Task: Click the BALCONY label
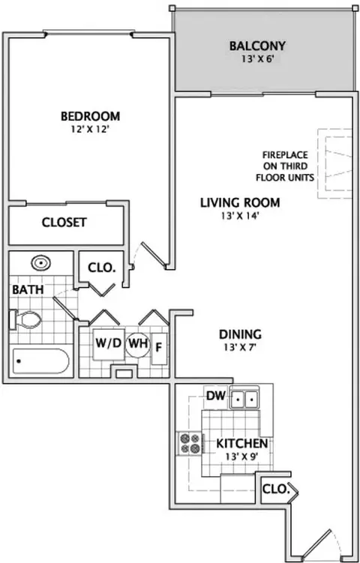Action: [x=257, y=46]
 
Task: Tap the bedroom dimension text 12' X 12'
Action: [x=90, y=129]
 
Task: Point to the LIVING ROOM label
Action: [x=240, y=202]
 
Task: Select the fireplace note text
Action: [x=285, y=166]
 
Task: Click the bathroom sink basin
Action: [x=40, y=263]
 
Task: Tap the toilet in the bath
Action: [x=25, y=319]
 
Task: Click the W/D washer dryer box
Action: [x=109, y=344]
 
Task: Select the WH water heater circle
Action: [x=137, y=343]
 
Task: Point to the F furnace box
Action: [x=159, y=349]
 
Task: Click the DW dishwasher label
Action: [x=216, y=396]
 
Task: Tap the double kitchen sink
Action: [x=244, y=397]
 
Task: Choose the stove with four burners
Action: [x=190, y=443]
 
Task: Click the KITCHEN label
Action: [x=241, y=444]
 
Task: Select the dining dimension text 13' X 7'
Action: [x=240, y=348]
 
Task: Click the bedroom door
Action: [x=154, y=255]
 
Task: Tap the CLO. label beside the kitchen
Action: [x=275, y=489]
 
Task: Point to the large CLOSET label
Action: [x=64, y=223]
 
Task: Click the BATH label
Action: [x=28, y=289]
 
